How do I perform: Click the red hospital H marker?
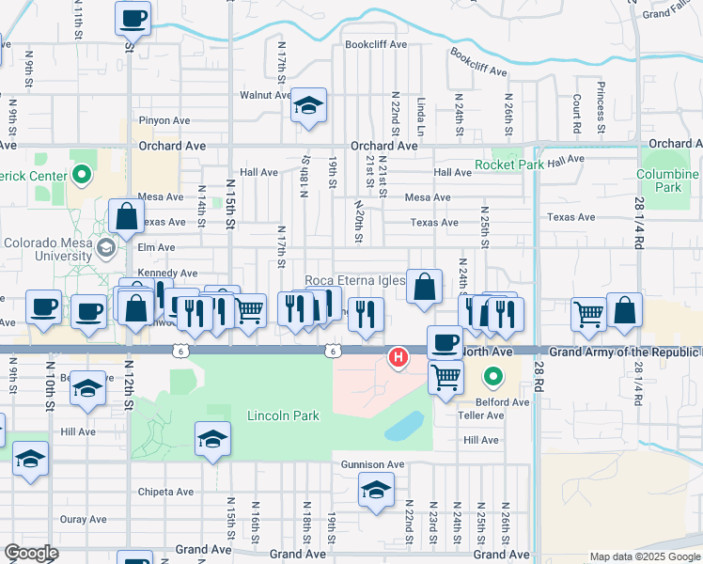point(399,357)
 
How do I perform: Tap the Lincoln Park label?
point(283,415)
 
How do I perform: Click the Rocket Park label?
point(510,164)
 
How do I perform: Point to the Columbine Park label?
point(667,180)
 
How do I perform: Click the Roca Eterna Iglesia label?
point(355,281)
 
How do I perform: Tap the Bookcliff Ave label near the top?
point(375,44)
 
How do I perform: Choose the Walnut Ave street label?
point(265,95)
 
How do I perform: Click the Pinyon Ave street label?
point(164,120)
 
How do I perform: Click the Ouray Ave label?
point(83,519)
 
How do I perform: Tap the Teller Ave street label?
point(482,415)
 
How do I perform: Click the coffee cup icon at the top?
point(133,17)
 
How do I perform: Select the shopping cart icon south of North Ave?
point(445,376)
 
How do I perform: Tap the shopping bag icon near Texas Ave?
point(126,216)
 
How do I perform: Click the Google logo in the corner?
point(31,554)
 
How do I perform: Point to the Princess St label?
point(599,106)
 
